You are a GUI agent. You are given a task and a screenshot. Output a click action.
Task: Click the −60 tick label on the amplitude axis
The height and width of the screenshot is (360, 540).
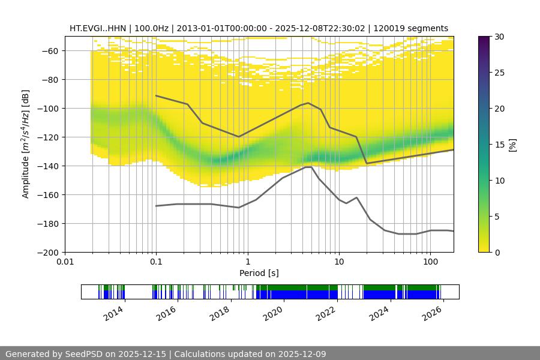[47, 51]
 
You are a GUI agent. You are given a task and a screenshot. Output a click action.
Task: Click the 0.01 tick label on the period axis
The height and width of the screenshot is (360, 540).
[65, 262]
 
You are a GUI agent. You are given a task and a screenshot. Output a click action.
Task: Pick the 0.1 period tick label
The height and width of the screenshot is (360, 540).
[156, 262]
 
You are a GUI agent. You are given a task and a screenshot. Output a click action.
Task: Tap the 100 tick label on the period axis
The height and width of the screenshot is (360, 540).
[430, 262]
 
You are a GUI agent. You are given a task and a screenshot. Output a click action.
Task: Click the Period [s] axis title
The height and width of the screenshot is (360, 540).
[259, 273]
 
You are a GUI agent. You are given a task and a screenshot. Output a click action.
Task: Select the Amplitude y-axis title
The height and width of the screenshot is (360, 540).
[26, 144]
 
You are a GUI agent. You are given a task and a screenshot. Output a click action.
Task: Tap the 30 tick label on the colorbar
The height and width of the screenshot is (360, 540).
[499, 37]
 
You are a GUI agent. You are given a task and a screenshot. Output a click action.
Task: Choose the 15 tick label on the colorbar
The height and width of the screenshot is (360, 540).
[499, 145]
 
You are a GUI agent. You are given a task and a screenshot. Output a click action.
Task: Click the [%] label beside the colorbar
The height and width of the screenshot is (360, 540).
[512, 145]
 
